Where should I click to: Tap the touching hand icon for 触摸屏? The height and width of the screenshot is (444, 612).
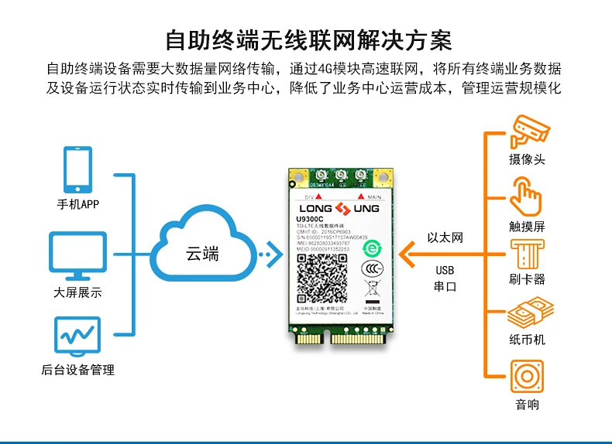point(527,197)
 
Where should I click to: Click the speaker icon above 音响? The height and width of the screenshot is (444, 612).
point(527,377)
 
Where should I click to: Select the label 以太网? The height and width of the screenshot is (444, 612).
point(445,237)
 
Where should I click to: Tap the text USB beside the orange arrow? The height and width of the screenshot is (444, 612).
point(445,271)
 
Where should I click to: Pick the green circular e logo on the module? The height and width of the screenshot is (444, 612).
point(372,248)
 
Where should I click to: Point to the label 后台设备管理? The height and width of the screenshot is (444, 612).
point(77,370)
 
